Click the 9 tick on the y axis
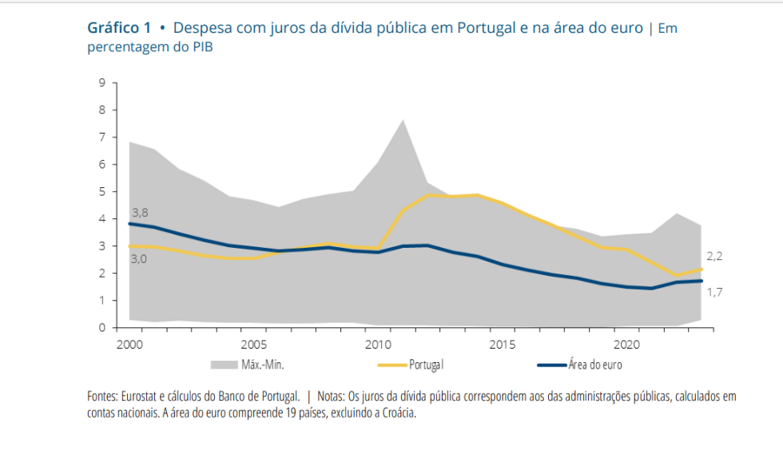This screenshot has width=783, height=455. coord(102,84)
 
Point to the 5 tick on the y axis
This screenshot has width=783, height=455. coord(102,192)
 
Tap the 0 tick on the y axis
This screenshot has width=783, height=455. coord(102,328)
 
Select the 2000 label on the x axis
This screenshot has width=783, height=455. coord(130,344)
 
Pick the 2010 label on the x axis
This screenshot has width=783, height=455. coord(378,344)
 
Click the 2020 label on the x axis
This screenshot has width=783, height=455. coord(626,344)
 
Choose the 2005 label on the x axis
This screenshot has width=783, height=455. coord(253,344)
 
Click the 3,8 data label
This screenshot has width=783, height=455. coord(140,211)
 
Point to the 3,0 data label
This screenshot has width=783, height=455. coord(140,258)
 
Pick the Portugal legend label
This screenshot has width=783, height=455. coord(426,365)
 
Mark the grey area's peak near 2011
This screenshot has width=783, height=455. coord(402,120)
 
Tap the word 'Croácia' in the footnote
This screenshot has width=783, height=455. coord(397,413)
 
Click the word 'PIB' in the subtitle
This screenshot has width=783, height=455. coord(200,47)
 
